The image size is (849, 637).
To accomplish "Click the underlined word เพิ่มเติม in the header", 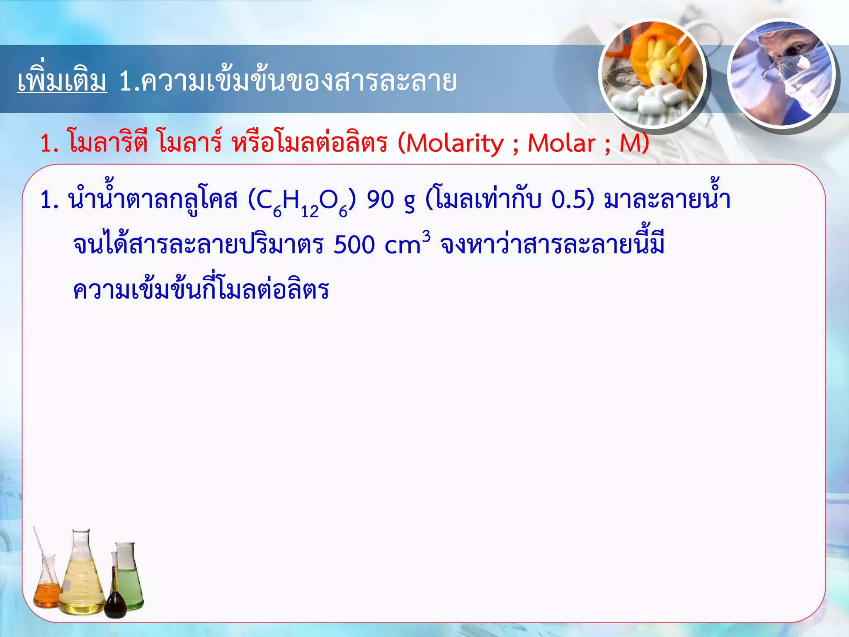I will point(62,81).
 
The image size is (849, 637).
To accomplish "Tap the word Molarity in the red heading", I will point(454,143).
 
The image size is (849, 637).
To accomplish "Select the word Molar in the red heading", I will point(561,143).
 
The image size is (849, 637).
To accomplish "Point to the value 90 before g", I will point(380,200).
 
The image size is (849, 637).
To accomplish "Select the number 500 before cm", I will point(354,245).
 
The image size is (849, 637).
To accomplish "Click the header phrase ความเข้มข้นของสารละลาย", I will point(298,81).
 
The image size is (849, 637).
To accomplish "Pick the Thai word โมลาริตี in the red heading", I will point(108,143).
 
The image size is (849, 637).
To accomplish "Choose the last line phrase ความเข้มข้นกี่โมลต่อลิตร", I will point(201,290).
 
